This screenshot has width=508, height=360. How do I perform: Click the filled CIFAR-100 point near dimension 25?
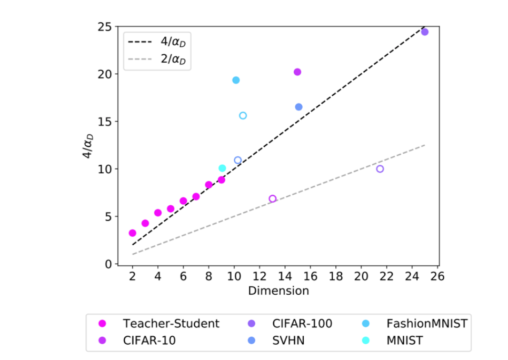click(x=425, y=32)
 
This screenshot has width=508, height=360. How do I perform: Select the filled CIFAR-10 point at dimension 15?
click(x=297, y=72)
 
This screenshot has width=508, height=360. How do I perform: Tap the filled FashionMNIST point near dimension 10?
click(x=236, y=80)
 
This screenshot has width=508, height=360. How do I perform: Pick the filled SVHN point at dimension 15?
click(x=298, y=107)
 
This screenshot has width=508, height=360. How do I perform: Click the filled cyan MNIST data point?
click(x=222, y=168)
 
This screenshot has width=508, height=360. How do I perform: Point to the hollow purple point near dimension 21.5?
click(x=380, y=169)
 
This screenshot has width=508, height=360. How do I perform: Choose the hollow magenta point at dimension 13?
click(x=272, y=198)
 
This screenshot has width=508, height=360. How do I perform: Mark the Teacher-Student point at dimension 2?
click(x=133, y=233)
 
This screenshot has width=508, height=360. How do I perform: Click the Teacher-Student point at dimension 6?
click(x=183, y=201)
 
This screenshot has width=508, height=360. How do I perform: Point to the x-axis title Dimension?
click(x=278, y=291)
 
